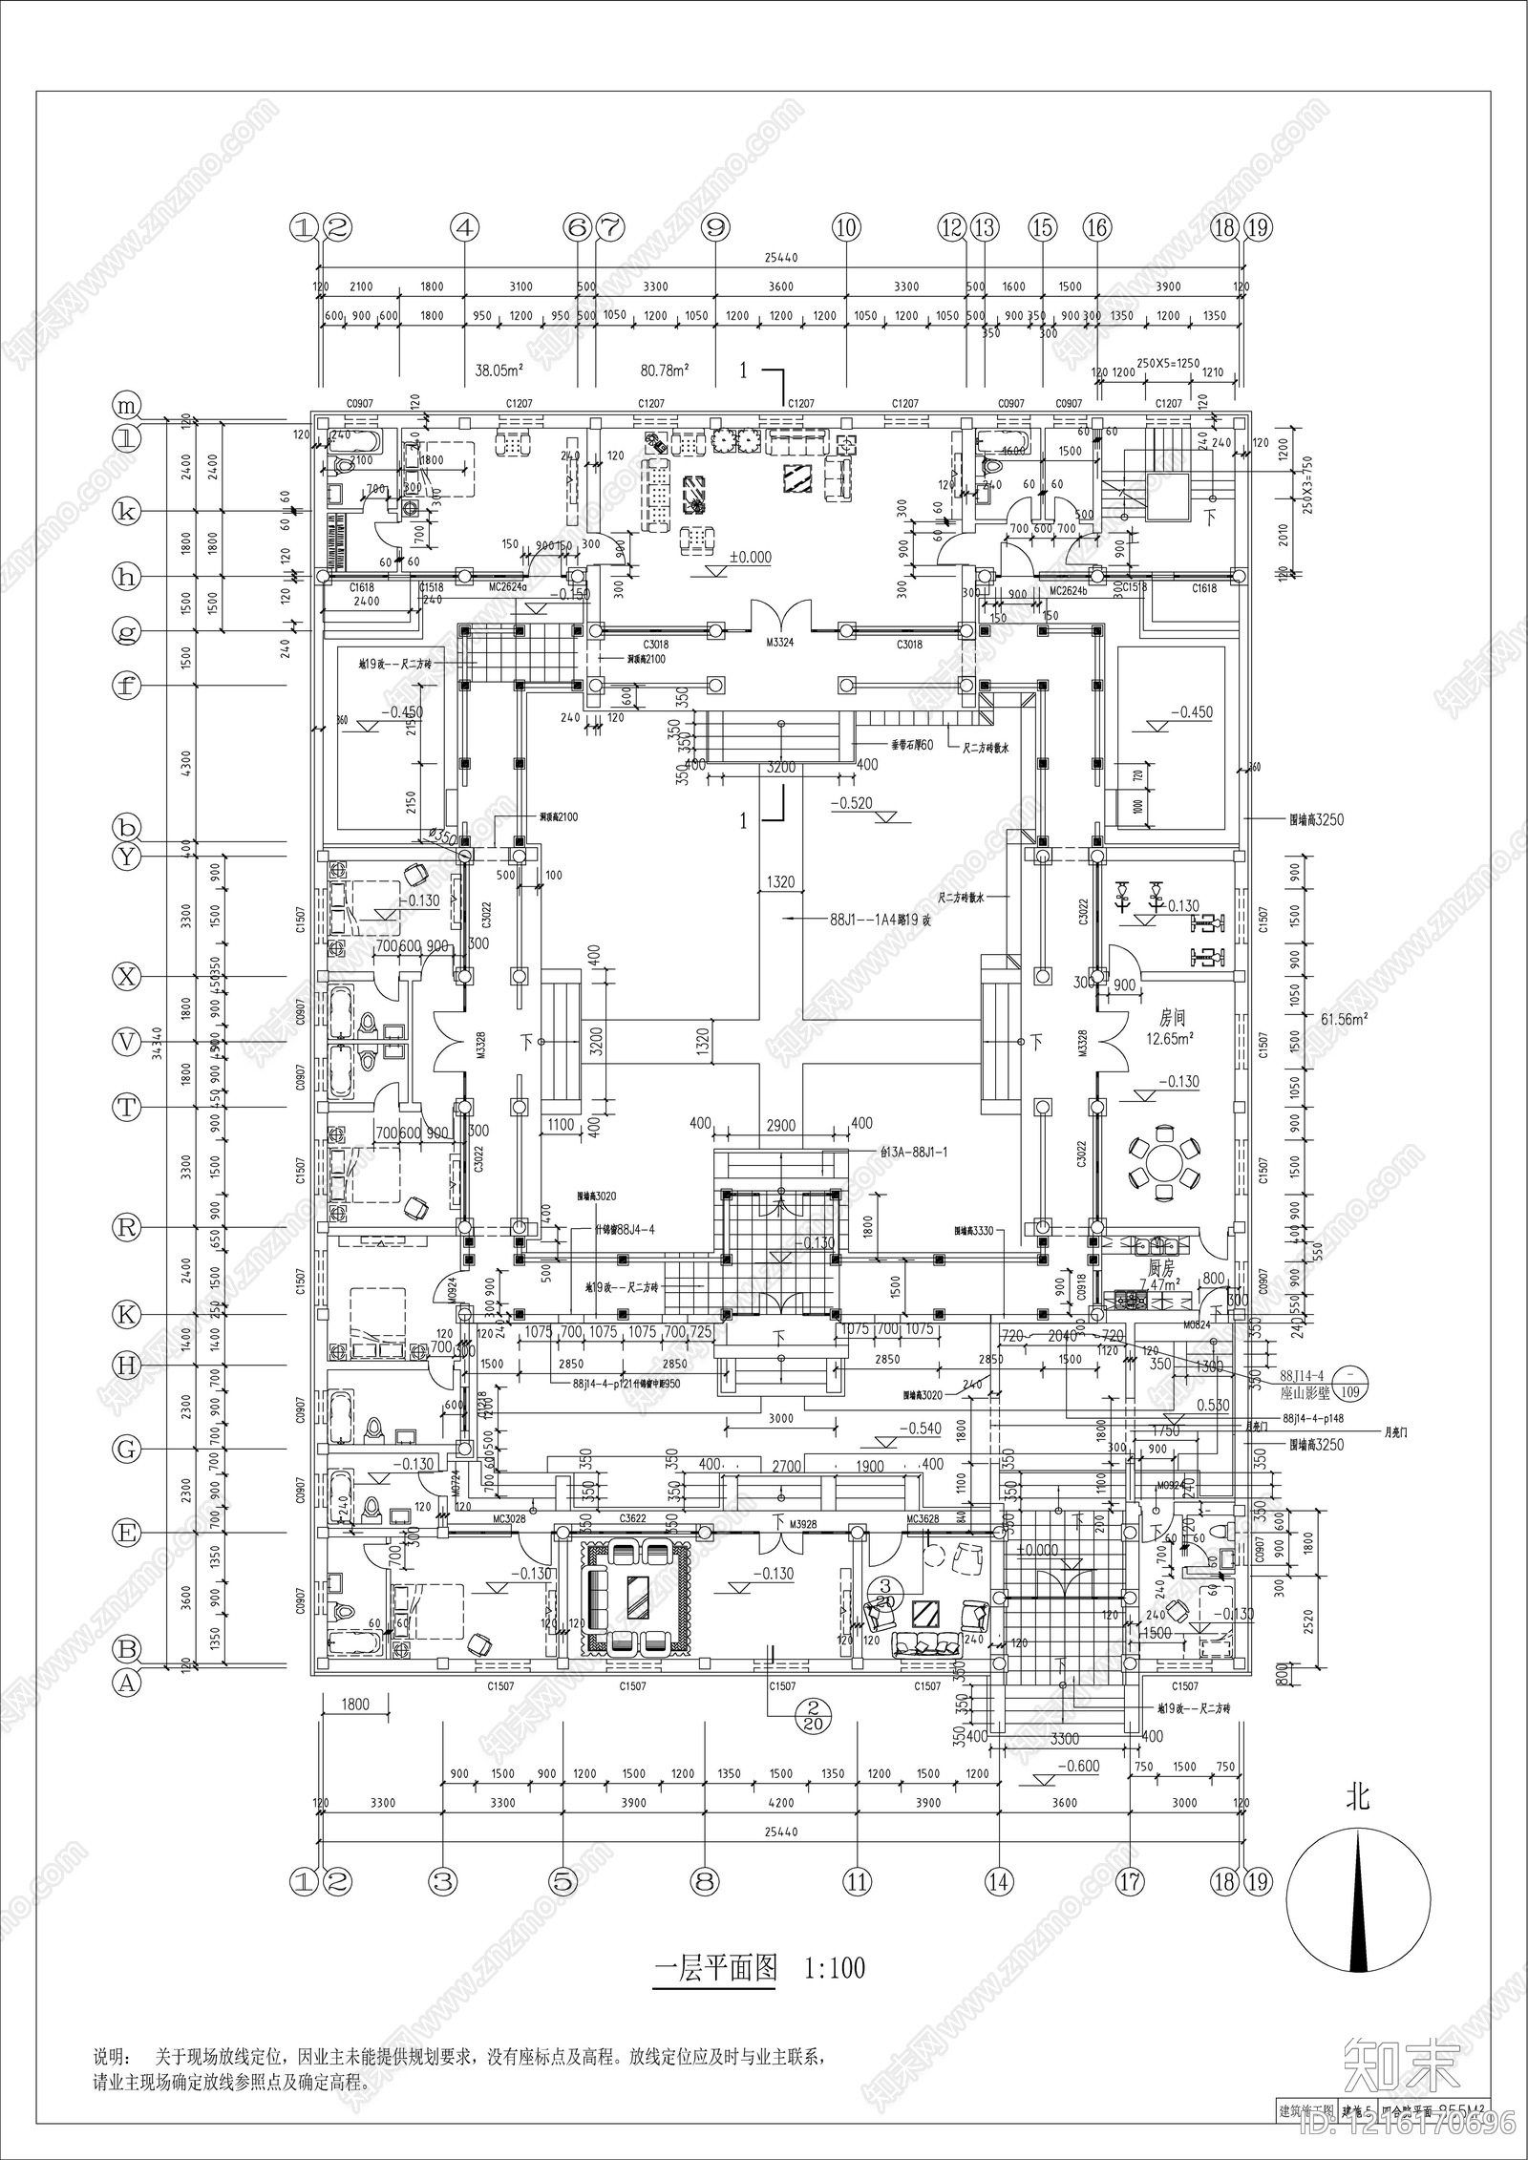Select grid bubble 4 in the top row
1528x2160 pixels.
[x=464, y=228]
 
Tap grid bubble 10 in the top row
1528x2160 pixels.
[x=846, y=228]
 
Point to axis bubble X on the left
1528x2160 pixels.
[x=126, y=976]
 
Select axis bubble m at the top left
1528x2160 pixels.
[x=126, y=406]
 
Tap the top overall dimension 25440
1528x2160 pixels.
[x=780, y=258]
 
